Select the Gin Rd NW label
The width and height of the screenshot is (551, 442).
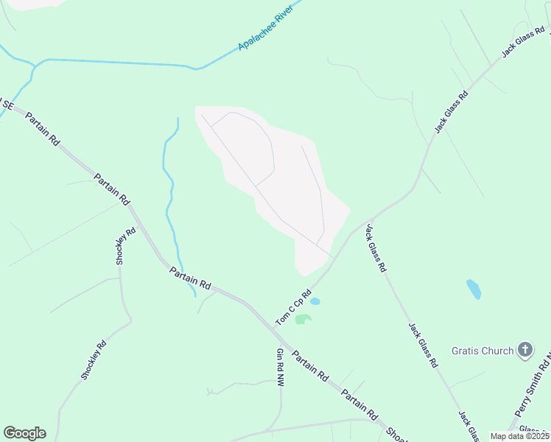[x=280, y=368]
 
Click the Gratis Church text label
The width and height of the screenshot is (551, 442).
[x=482, y=351]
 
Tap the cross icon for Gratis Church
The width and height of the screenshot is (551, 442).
[x=525, y=350]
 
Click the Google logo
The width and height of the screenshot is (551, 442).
[x=24, y=433]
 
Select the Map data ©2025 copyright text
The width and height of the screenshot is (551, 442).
[x=519, y=436]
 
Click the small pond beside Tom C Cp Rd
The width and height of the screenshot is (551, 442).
[x=315, y=301]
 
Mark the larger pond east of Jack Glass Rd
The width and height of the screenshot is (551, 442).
[x=474, y=289]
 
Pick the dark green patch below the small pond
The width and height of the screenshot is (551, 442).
[x=303, y=319]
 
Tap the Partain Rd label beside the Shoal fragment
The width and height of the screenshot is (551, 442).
[x=359, y=404]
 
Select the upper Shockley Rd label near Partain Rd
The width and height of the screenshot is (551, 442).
[x=126, y=247]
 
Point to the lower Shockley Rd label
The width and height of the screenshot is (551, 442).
[x=94, y=360]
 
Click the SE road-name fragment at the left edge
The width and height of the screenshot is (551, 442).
[x=7, y=105]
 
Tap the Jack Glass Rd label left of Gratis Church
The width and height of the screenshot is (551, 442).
[x=424, y=345]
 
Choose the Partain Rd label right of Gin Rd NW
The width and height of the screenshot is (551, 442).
[x=309, y=365]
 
